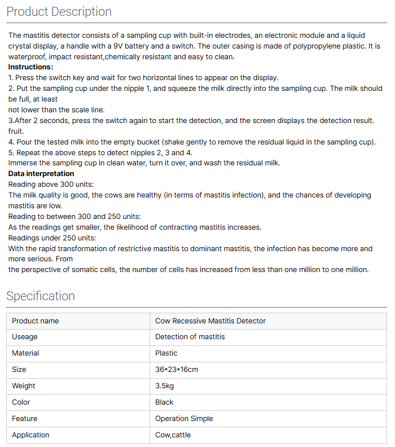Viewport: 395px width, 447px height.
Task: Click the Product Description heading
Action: click(59, 12)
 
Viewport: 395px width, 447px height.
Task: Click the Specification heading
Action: click(41, 296)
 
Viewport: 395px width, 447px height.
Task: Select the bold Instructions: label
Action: click(31, 67)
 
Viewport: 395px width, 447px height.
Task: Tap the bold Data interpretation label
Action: click(41, 173)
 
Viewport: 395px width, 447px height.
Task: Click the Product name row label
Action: click(35, 321)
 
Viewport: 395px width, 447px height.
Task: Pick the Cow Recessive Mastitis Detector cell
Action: click(210, 321)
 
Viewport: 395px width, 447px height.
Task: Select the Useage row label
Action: click(25, 337)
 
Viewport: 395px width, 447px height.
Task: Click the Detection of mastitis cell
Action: click(190, 337)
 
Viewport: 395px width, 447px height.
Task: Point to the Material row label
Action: click(25, 353)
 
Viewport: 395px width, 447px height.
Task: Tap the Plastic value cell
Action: click(166, 353)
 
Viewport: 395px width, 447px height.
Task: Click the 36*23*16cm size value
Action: click(177, 370)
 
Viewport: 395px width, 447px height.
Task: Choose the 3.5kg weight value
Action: click(165, 386)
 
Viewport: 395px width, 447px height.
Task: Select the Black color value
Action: click(164, 402)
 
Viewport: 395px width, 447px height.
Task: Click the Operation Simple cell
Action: click(184, 419)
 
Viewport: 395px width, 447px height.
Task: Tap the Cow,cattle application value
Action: click(173, 435)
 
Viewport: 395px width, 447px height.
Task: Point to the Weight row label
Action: click(24, 386)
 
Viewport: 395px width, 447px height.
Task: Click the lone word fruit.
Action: click(16, 131)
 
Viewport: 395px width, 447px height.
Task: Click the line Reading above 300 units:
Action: click(51, 184)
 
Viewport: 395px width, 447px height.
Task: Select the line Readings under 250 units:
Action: click(52, 238)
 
